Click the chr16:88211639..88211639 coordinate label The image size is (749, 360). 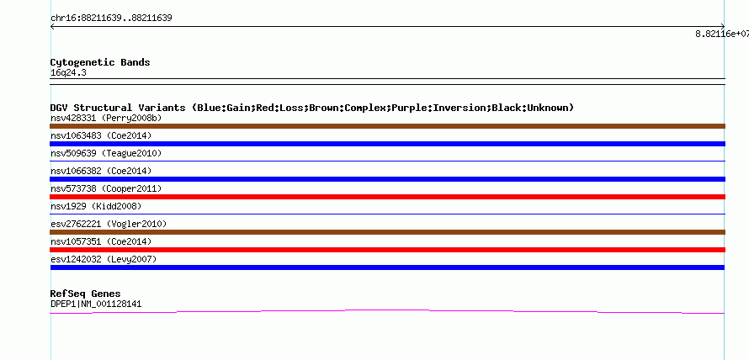point(111,19)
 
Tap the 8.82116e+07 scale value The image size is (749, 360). point(722,34)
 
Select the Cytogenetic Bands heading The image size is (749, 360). point(100,62)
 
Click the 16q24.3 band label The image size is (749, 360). point(68,73)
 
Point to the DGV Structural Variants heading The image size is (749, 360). point(312,108)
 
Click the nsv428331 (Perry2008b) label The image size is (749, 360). point(106,119)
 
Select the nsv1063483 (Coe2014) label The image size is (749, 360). point(101,136)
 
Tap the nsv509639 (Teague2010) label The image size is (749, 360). point(106,154)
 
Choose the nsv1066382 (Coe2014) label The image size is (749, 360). point(101,171)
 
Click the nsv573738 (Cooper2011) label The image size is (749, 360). point(106,188)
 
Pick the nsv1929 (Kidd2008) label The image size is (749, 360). point(96,206)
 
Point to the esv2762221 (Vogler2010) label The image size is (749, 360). point(109,224)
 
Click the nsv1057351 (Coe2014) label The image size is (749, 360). point(101,241)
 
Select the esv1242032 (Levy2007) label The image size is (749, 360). point(104,259)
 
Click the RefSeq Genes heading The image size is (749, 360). point(86,294)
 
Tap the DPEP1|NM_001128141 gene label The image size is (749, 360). point(96,304)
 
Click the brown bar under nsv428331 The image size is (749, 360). point(387,126)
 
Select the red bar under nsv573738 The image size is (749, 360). point(387,197)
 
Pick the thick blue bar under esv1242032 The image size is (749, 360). point(387,267)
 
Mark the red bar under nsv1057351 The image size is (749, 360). point(387,250)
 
